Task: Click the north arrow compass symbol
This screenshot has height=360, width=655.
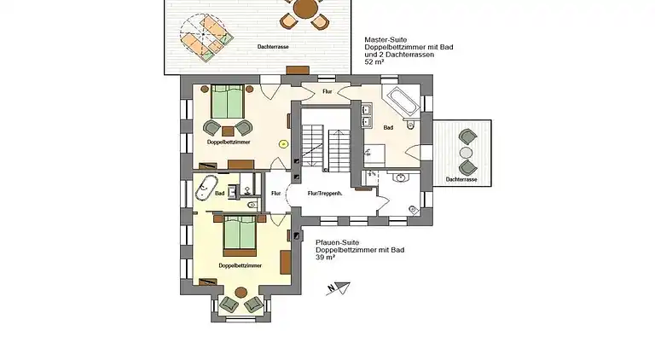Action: pos(339,288)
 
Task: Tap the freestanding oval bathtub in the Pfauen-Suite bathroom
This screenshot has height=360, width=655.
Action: pos(206,187)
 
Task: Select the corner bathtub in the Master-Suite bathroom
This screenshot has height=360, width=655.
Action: pos(403,102)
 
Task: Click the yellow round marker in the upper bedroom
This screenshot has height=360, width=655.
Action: pos(284,144)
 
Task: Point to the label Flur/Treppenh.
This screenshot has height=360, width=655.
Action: pos(325,194)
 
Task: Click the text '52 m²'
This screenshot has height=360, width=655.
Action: pos(374,61)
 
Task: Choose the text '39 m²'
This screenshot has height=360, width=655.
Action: pos(326,258)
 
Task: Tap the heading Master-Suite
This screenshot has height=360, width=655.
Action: pos(385,40)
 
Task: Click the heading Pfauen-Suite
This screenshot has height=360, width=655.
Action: pos(337,242)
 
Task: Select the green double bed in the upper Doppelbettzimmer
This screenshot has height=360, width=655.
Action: pos(227,102)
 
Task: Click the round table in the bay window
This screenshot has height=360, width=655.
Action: pos(241,293)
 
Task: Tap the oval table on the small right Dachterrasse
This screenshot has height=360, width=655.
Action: pos(467,153)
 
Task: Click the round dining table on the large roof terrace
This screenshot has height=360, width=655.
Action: pos(304,9)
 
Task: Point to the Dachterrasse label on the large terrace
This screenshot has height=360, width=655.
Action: pos(273,47)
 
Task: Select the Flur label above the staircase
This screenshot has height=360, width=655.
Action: pos(327,91)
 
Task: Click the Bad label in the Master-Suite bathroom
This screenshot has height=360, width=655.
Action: pos(389,127)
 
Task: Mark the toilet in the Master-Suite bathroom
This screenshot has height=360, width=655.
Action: pos(409,124)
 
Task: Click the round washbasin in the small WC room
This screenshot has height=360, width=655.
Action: pos(402,178)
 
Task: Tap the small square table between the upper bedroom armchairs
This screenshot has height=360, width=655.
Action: pos(228,131)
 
